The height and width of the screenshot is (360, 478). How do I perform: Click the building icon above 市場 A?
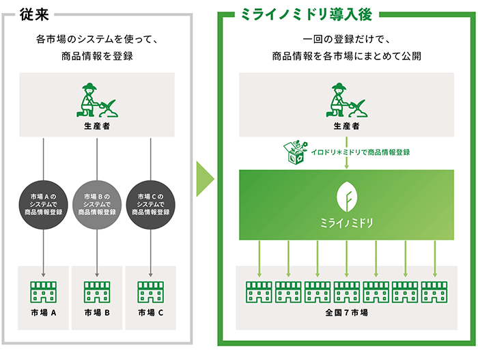point(44,291)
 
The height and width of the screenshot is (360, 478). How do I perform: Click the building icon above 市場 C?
point(150,291)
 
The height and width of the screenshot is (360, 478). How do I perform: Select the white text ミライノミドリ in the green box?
point(346,224)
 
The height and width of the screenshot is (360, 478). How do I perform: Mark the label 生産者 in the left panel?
point(96,126)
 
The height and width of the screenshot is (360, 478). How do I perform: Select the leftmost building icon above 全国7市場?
point(259,291)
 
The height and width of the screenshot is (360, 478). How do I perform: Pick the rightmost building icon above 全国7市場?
point(434,291)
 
